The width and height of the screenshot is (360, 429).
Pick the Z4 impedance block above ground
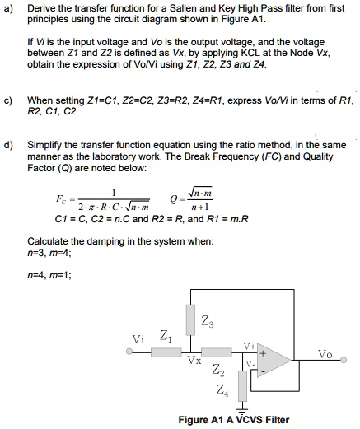pos(241,385)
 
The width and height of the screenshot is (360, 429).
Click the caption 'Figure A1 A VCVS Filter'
pos(233,420)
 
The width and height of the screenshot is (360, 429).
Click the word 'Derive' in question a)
pos(41,7)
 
